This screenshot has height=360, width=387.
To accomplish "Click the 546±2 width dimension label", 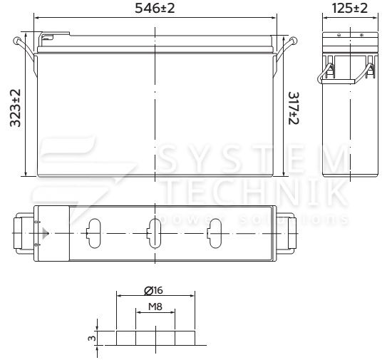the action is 155,8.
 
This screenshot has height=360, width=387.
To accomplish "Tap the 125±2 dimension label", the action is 350,8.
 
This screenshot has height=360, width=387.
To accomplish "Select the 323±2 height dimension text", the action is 15,108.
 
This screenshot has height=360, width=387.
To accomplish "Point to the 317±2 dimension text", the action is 294,108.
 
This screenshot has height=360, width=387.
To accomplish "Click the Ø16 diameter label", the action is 153,290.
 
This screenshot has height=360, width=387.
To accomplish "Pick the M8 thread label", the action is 155,307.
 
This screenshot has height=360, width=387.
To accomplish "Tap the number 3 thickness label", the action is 92,338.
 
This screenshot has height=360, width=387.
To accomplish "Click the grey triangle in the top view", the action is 46,233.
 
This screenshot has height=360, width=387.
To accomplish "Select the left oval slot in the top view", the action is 94,233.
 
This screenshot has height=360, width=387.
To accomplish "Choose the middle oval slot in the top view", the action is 154,233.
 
